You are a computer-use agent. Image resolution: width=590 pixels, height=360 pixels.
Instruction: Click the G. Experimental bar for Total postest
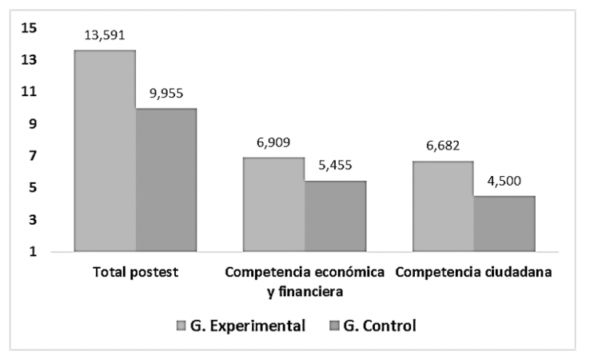tap(105, 151)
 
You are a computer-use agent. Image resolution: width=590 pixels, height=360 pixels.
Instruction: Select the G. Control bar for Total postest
tap(165, 180)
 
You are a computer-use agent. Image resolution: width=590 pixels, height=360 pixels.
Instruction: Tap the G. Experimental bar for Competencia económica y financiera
tap(274, 205)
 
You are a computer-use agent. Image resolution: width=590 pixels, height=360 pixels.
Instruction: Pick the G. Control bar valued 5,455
tap(335, 216)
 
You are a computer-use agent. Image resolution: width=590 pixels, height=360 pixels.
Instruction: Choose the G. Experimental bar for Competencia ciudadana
tap(444, 206)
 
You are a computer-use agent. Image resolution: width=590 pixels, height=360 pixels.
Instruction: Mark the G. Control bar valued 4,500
tap(504, 224)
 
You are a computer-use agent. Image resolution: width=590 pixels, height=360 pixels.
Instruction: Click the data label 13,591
tap(105, 35)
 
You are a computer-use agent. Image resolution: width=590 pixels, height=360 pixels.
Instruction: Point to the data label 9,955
tap(166, 93)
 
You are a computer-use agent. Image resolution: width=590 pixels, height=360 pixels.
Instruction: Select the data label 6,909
tap(274, 142)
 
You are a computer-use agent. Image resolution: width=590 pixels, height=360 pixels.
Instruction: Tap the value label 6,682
tap(444, 146)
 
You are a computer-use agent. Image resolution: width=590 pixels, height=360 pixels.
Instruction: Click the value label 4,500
tap(504, 181)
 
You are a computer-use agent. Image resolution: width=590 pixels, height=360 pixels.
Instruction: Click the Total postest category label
tap(135, 272)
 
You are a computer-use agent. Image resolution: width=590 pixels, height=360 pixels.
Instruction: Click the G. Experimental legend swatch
tap(181, 326)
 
